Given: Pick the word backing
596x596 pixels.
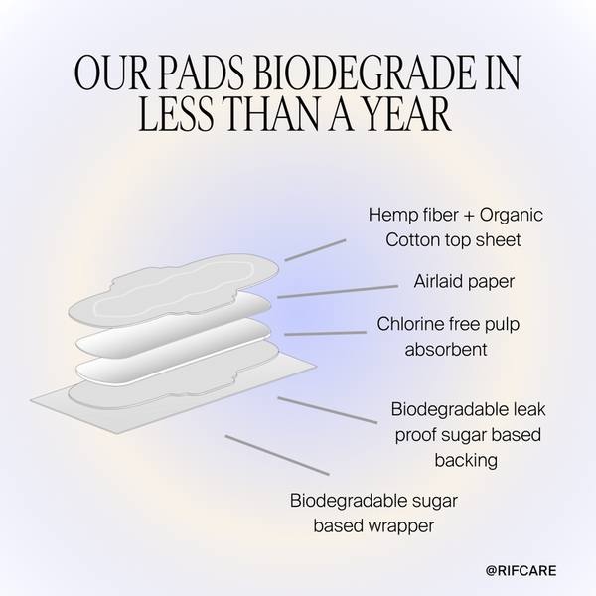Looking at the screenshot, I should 466,460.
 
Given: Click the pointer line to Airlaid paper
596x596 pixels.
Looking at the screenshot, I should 338,291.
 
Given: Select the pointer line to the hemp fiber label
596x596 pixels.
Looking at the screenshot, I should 315,249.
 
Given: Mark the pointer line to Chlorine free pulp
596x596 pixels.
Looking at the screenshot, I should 325,334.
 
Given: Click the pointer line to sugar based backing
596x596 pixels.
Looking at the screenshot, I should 328,410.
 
